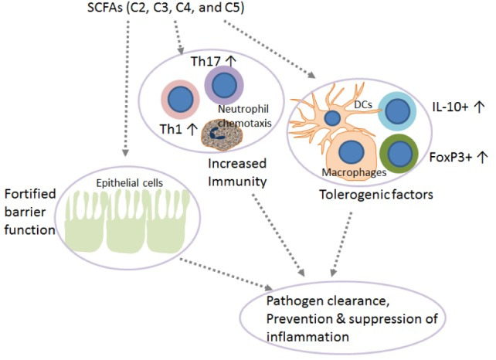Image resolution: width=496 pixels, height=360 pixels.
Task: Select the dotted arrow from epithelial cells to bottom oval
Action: tap(232, 267)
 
